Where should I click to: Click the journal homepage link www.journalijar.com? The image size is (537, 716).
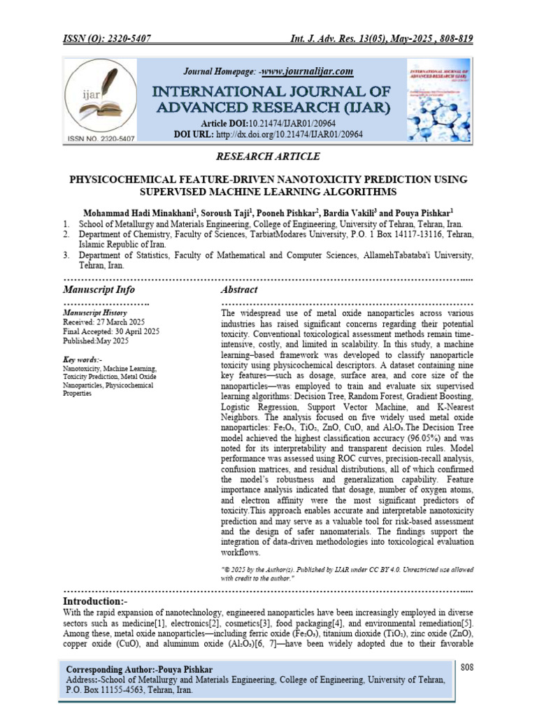click(307, 71)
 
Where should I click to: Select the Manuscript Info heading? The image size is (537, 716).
click(99, 289)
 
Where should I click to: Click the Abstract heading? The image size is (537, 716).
click(239, 289)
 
